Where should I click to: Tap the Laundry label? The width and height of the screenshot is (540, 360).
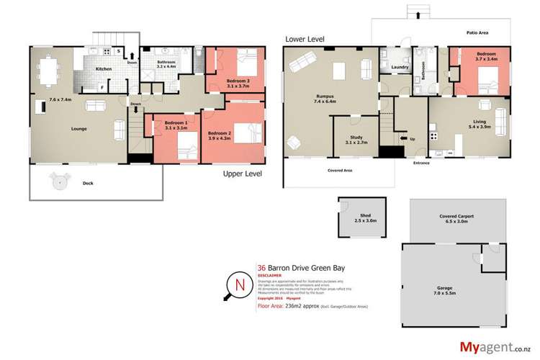pos(400,68)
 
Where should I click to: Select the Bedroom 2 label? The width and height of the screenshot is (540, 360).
pos(220,133)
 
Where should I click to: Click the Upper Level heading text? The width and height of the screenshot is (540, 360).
pos(242,174)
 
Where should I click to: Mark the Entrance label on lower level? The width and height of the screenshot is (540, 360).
pos(421,163)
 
